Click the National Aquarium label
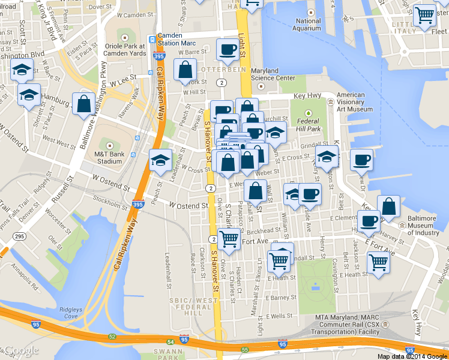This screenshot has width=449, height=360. pyautogui.click(x=308, y=25)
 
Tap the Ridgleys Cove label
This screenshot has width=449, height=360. pyautogui.click(x=70, y=312)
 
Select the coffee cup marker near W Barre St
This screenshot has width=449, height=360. pyautogui.click(x=228, y=49)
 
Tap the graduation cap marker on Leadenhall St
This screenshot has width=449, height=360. pyautogui.click(x=160, y=160)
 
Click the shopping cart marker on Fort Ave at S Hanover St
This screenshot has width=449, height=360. pyautogui.click(x=229, y=238)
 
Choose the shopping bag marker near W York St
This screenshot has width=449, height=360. pyautogui.click(x=184, y=70)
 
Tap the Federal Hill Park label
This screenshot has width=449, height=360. pyautogui.click(x=309, y=124)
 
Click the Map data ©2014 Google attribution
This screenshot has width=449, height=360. pyautogui.click(x=411, y=356)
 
